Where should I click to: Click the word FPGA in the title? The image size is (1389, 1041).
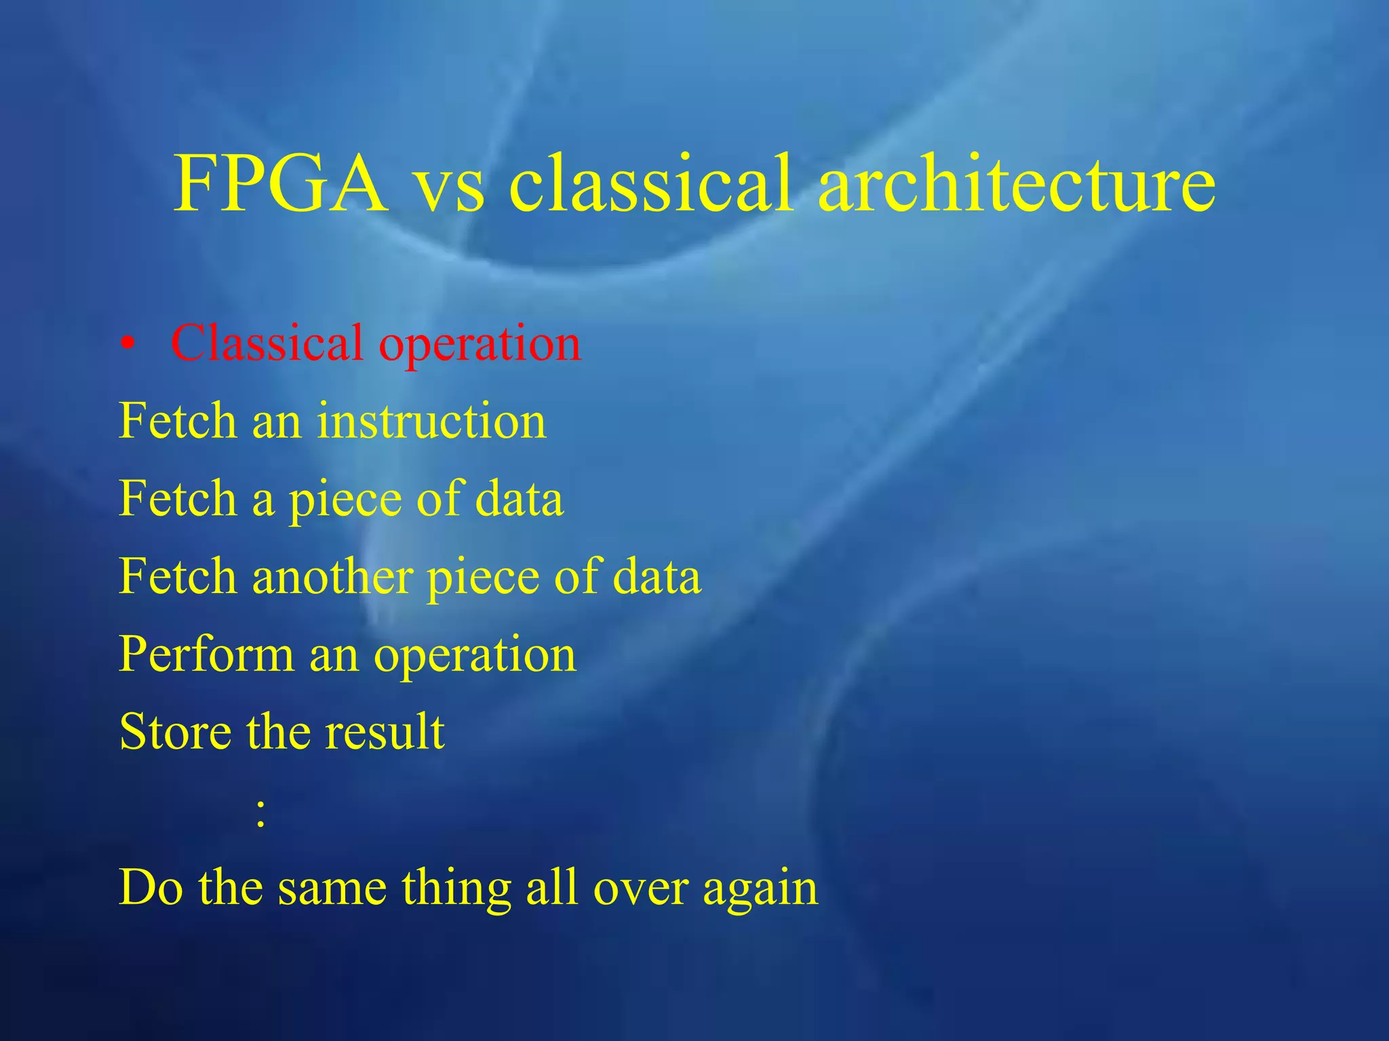[280, 184]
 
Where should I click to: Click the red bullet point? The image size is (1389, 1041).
[127, 345]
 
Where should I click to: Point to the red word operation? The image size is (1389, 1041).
[480, 346]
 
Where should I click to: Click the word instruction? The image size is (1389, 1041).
[431, 421]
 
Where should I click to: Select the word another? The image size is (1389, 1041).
[333, 577]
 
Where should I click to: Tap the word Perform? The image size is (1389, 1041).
[206, 655]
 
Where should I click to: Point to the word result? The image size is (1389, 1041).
[385, 732]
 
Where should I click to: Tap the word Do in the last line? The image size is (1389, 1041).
[151, 888]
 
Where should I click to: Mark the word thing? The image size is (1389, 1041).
[456, 889]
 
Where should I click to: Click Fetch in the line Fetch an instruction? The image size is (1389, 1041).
[178, 421]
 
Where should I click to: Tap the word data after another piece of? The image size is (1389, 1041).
[657, 577]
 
